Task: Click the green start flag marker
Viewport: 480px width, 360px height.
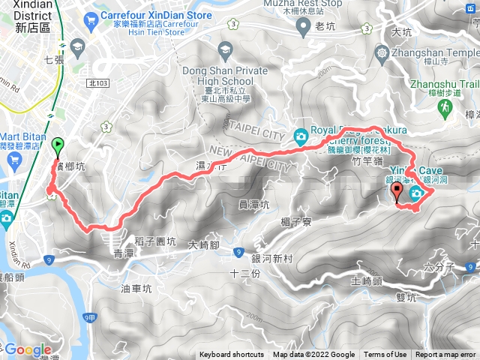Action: point(58,144)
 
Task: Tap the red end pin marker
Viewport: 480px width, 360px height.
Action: point(397,193)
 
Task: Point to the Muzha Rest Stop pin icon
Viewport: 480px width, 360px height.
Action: point(303,27)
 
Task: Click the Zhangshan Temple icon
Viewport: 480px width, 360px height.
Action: point(383,54)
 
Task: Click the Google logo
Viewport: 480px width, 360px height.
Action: point(27,349)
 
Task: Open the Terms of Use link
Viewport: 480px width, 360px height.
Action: point(385,355)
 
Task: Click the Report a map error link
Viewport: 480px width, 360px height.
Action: point(446,355)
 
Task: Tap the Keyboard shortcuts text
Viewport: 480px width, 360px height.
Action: point(232,355)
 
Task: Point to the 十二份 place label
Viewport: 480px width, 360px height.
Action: point(244,273)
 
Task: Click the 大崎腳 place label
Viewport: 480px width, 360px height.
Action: point(203,244)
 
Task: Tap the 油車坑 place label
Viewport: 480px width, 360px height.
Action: point(136,287)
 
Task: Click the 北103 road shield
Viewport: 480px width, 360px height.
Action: point(98,83)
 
